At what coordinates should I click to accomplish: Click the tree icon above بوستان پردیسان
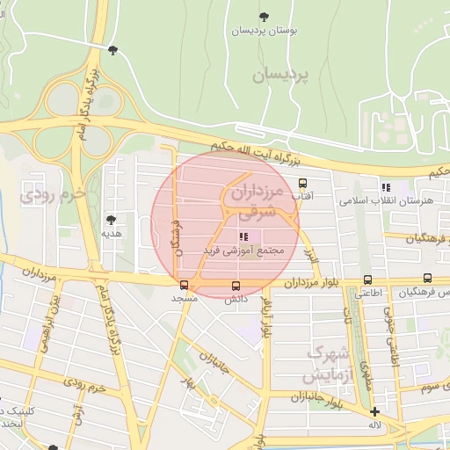(x=265, y=17)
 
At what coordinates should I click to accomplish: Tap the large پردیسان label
(x=283, y=76)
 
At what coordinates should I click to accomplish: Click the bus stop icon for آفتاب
(x=303, y=184)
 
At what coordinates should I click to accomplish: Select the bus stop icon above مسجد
(x=184, y=285)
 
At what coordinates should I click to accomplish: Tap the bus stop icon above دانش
(x=235, y=286)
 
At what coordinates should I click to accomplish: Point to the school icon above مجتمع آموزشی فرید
(x=243, y=236)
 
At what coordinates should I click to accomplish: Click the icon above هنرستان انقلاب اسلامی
(x=385, y=186)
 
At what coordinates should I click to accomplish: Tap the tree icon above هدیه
(x=111, y=220)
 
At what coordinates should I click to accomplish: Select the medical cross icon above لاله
(x=375, y=411)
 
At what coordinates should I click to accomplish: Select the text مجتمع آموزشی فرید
(x=245, y=250)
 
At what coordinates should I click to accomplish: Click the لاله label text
(x=375, y=425)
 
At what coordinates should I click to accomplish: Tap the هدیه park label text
(x=111, y=234)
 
